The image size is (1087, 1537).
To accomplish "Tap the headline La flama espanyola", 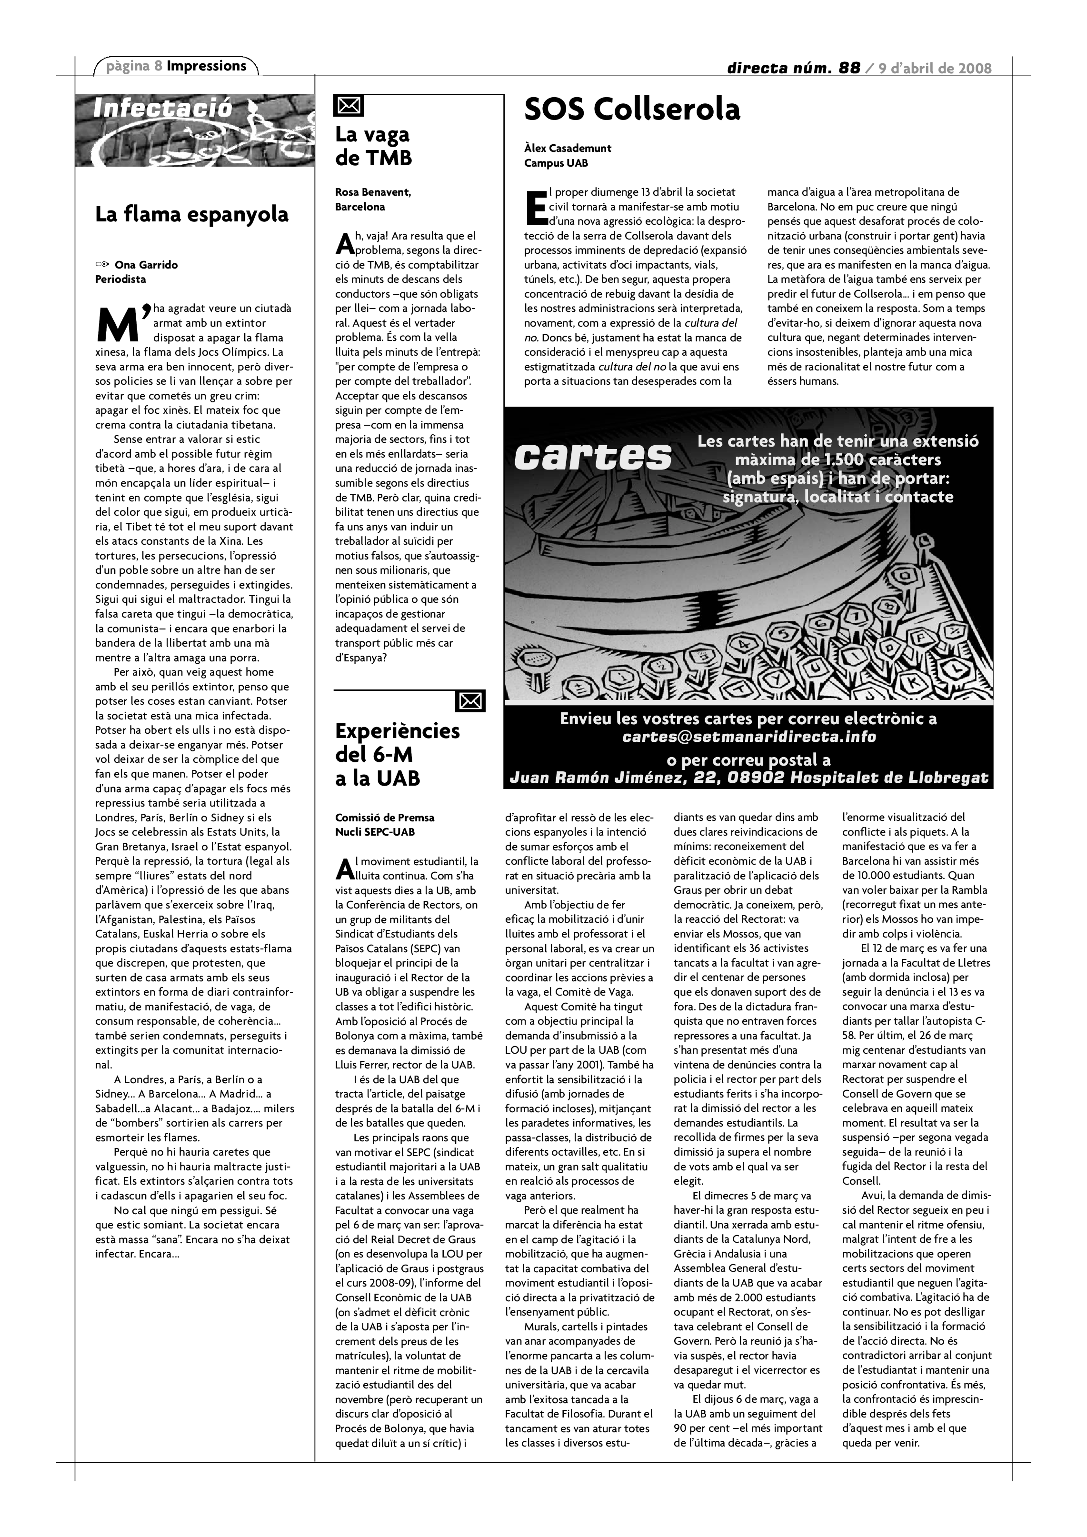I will (191, 215).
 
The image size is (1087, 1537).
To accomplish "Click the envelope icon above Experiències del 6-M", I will (470, 701).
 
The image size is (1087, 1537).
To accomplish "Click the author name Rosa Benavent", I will (373, 193).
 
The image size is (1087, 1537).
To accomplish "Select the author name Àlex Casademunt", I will (568, 149).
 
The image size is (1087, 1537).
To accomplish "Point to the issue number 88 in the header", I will (849, 68).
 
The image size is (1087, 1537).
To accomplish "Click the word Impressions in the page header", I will (206, 66).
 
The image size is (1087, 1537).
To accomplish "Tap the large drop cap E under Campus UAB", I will (536, 207).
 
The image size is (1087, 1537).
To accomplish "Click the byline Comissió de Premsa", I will (384, 818).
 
